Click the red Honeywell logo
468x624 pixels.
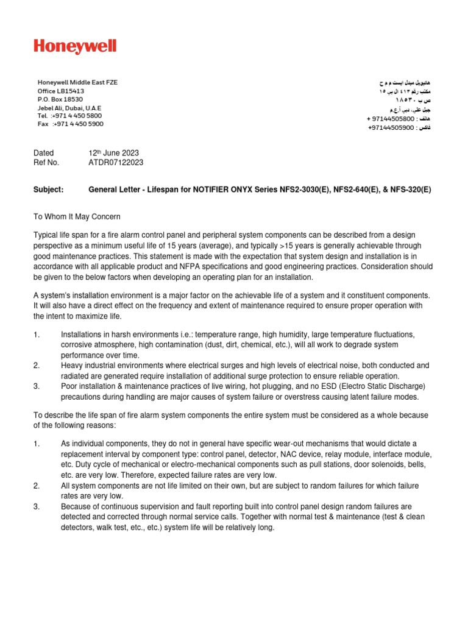point(75,47)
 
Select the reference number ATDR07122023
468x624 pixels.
point(116,163)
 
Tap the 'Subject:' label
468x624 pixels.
point(48,190)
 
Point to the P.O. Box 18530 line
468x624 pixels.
point(60,99)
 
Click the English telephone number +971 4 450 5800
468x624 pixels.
point(77,115)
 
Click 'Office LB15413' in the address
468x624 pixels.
point(61,91)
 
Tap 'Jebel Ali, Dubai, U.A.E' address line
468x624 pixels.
point(70,107)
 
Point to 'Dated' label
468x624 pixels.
point(43,153)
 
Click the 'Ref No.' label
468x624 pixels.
point(46,163)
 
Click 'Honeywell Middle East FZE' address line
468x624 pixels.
point(77,82)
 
